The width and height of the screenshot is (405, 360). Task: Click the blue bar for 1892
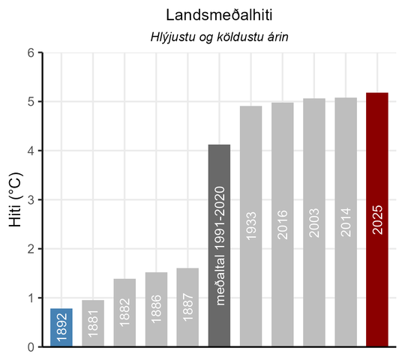tap(61, 328)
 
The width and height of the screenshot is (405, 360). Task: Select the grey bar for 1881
tap(93, 323)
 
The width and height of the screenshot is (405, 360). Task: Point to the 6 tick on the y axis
tap(31, 53)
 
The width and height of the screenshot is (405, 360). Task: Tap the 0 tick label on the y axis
tap(31, 347)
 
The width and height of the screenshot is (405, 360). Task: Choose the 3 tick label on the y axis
tap(31, 200)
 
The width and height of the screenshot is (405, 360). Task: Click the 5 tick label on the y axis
tap(31, 102)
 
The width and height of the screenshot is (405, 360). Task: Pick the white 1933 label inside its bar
tap(251, 223)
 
